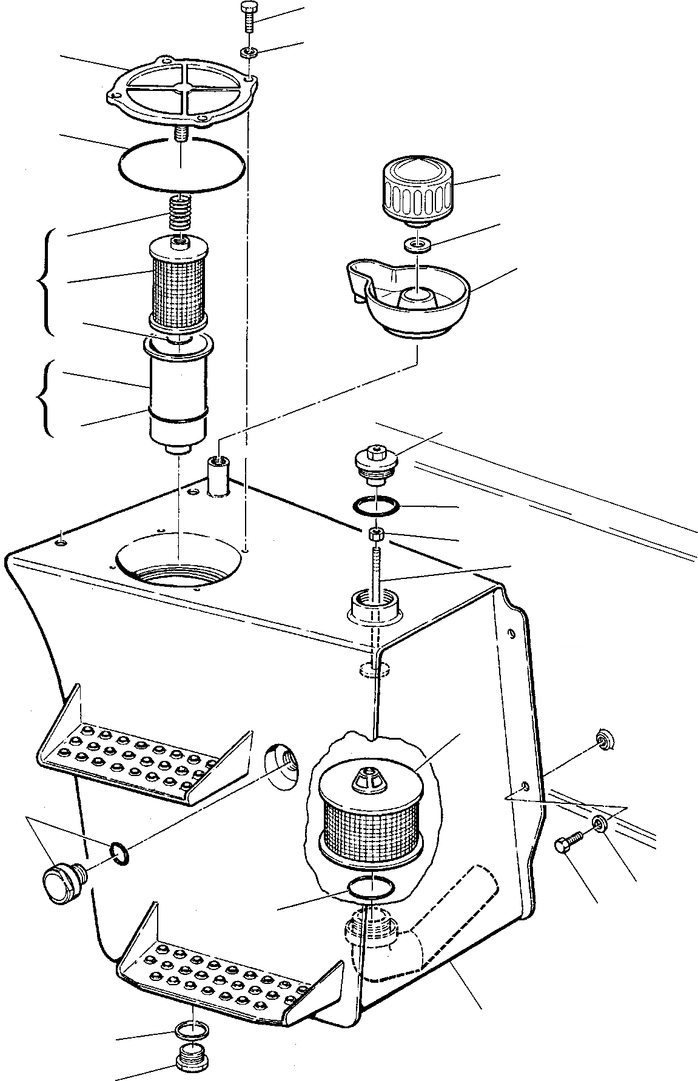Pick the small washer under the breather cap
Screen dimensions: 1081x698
(x=418, y=245)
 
